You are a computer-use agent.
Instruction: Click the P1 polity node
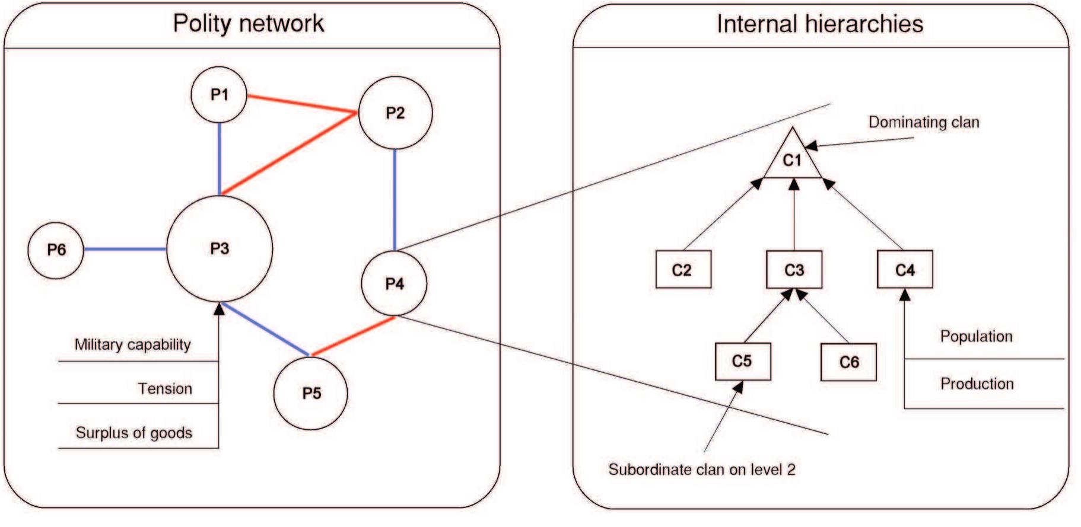[219, 95]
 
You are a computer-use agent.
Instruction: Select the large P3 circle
[220, 249]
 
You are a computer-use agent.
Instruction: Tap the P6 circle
[56, 250]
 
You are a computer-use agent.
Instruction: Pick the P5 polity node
[311, 393]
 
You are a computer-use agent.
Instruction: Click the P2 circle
[395, 113]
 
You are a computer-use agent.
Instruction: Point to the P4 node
[394, 284]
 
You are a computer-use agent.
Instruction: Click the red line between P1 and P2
[301, 104]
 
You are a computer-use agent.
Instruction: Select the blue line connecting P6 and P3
[125, 249]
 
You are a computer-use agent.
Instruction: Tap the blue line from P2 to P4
[395, 199]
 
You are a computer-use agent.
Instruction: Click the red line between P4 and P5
[352, 336]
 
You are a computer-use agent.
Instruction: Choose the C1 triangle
[793, 159]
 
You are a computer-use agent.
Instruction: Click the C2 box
[683, 270]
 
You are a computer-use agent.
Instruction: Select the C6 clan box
[848, 362]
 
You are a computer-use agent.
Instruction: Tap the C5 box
[743, 361]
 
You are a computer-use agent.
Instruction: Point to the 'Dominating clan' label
[923, 122]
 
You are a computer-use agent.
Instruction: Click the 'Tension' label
[165, 389]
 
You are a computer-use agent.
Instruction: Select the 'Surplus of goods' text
[134, 433]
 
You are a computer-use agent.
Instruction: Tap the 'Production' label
[977, 384]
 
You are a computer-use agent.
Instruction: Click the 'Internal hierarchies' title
[819, 24]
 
